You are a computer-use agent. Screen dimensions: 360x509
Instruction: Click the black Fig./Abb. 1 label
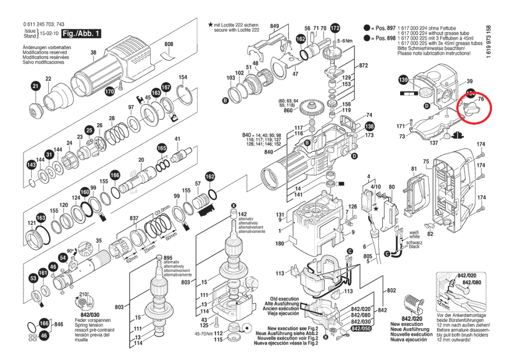point(81,34)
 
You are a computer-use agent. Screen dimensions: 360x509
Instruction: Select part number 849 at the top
point(274,25)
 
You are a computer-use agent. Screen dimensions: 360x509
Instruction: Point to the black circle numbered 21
point(35,87)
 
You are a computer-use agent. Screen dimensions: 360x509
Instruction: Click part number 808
point(169,45)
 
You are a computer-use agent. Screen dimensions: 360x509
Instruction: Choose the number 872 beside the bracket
point(363,66)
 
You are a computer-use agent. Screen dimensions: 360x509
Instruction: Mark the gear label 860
point(288,110)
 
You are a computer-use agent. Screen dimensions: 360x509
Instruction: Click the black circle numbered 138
point(370,126)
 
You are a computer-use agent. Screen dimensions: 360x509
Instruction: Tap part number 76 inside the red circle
point(481,99)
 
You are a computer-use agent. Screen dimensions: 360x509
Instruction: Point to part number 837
point(134,219)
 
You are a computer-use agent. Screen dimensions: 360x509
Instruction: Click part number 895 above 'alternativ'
point(168,258)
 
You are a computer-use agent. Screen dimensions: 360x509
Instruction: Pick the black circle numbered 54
point(63,258)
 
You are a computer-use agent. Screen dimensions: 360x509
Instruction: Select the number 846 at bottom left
point(59,324)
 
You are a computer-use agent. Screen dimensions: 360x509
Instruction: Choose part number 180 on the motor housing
point(280,244)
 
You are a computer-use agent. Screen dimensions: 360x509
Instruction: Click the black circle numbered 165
point(162,148)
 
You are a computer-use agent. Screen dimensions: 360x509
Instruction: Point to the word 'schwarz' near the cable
point(415,242)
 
